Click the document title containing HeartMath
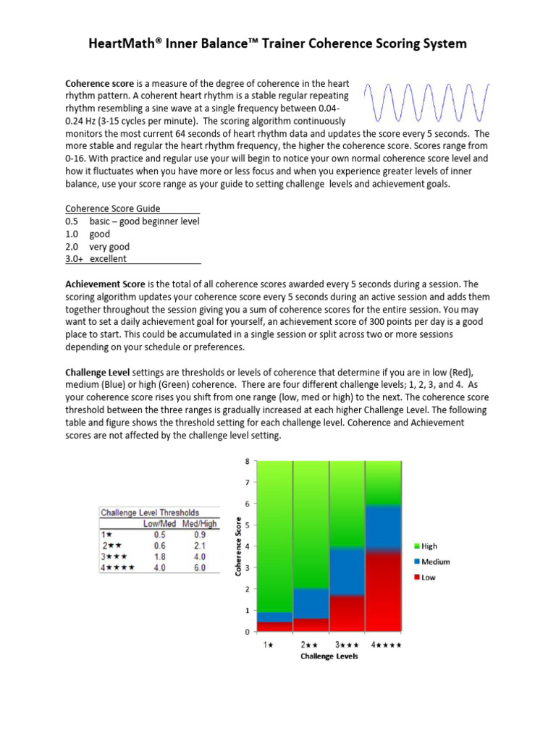tap(277, 43)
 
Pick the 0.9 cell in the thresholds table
tap(198, 534)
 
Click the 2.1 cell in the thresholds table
tap(198, 546)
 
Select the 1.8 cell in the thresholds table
tap(159, 556)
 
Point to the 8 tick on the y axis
tap(247, 461)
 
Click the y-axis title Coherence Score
tap(239, 546)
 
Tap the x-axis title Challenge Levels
tap(329, 657)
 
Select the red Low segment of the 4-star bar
tap(383, 593)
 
